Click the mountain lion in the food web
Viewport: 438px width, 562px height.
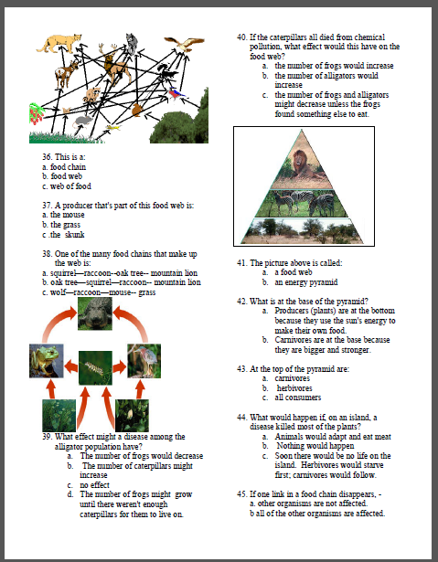point(59,43)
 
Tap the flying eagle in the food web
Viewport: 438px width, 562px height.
point(185,44)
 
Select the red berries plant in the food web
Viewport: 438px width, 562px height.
point(37,113)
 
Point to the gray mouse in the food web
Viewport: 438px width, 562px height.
point(82,122)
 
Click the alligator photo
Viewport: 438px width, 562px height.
point(95,313)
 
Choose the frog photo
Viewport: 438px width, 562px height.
point(47,361)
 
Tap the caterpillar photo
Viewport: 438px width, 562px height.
point(95,368)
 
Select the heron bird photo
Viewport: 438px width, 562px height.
point(144,361)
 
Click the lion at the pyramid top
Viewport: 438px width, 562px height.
point(302,165)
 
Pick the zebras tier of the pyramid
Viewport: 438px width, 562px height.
point(302,203)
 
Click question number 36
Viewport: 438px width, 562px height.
point(47,157)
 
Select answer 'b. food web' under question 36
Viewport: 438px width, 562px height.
point(62,176)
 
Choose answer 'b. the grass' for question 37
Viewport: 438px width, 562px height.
point(61,225)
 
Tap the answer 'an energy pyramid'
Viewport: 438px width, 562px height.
point(306,282)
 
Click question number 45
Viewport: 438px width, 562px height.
point(241,494)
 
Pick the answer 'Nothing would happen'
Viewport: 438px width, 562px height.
point(315,446)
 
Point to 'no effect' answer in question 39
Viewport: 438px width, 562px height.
point(95,485)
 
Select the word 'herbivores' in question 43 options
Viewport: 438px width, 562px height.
point(294,388)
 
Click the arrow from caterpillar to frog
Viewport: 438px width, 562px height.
point(71,367)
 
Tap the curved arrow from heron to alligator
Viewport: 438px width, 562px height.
point(136,319)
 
